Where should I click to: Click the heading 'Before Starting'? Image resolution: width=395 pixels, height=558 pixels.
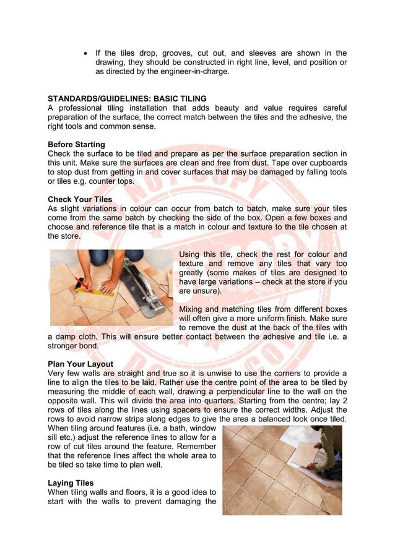tap(76, 144)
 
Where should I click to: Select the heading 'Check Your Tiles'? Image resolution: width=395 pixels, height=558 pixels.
tap(80, 200)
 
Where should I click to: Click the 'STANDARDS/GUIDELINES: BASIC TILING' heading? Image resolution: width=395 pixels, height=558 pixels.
tap(127, 98)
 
